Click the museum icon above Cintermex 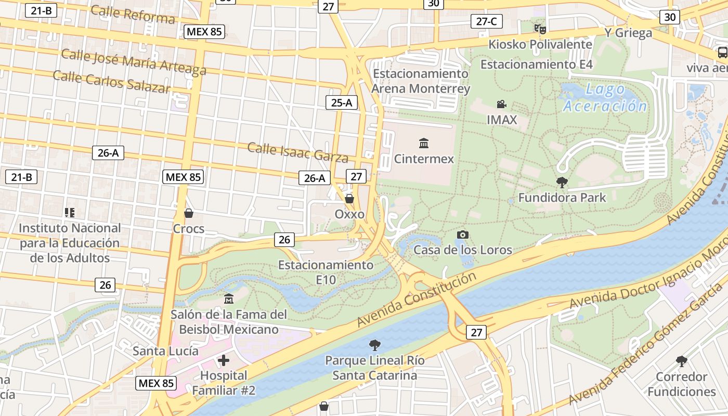424,143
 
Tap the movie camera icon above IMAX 501,104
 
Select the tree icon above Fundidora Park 562,182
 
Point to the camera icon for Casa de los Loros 462,235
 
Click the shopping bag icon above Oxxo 349,199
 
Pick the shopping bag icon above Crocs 189,213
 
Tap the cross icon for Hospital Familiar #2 224,360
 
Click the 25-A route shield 342,102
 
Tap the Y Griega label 628,33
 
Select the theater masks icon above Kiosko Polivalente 540,29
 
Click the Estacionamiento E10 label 326,272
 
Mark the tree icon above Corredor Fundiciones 682,361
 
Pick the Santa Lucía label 165,351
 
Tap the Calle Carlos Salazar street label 112,82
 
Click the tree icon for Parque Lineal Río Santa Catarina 374,345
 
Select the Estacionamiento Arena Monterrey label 421,81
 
